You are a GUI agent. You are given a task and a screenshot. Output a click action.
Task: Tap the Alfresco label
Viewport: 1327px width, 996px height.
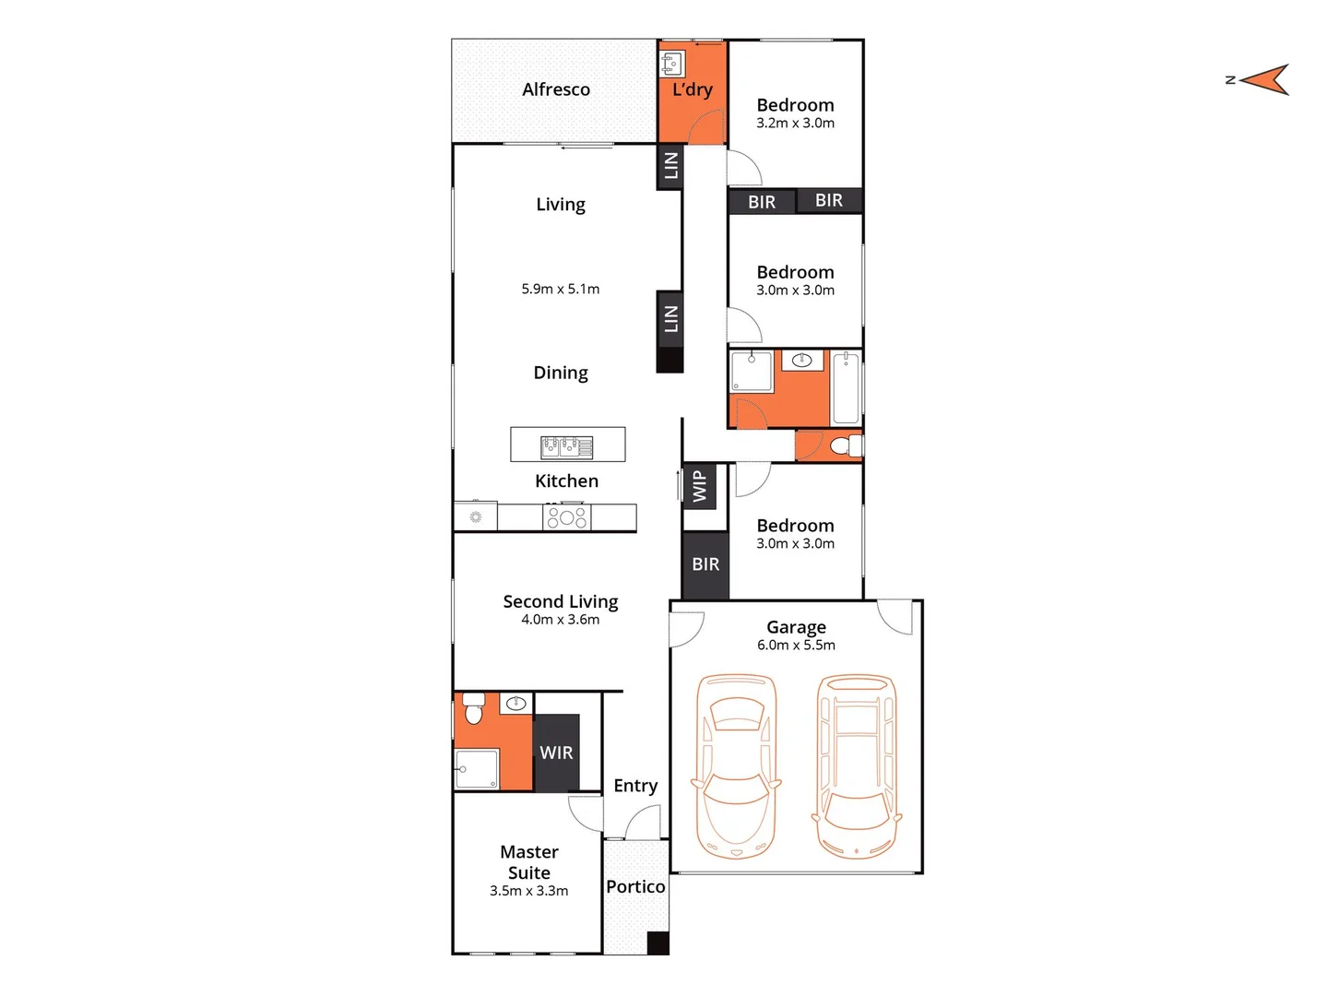point(555,89)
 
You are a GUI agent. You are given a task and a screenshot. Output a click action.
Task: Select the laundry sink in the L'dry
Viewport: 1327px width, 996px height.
point(671,64)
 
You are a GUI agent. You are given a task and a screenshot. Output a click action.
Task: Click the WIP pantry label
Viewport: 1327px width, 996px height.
point(700,486)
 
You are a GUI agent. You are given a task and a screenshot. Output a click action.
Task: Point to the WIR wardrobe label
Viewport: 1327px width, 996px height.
point(556,753)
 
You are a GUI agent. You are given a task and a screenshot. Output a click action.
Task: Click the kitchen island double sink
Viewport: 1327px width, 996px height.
point(566,447)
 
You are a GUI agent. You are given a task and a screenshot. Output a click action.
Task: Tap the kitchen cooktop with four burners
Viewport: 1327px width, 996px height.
point(566,517)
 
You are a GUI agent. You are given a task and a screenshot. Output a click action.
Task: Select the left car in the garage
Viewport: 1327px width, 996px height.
point(736,765)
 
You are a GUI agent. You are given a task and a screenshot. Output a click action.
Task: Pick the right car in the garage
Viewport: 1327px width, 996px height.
point(857,765)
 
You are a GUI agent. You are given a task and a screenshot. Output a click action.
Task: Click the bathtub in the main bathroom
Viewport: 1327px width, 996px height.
point(846,388)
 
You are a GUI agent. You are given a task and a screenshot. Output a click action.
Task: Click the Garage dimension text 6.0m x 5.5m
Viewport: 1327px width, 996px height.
point(796,646)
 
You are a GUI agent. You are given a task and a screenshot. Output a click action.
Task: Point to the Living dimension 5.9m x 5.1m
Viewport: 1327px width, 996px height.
point(560,290)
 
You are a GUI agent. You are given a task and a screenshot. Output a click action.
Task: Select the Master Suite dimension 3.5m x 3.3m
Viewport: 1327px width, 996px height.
point(528,891)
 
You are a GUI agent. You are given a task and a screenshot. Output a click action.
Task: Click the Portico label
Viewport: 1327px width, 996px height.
point(635,886)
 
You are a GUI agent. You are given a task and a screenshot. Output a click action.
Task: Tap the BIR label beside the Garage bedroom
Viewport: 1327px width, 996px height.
point(705,564)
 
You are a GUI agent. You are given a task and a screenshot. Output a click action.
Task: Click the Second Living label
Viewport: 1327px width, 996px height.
point(560,601)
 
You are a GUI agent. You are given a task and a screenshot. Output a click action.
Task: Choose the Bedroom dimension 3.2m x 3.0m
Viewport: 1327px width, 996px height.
point(795,124)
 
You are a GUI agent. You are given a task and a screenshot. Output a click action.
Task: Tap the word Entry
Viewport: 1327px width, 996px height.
point(635,786)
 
